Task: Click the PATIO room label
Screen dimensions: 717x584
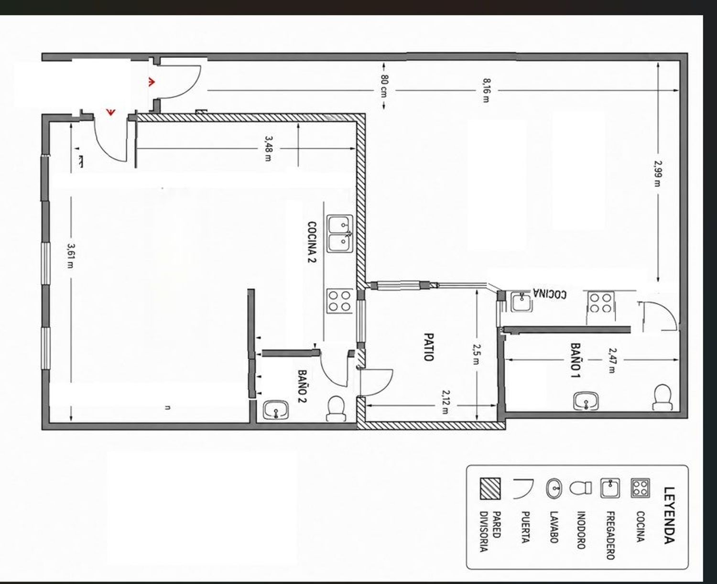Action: click(x=428, y=347)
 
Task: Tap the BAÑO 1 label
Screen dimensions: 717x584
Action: click(x=576, y=360)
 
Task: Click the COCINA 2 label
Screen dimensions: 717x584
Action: click(x=312, y=242)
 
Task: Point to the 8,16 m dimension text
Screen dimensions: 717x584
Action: click(x=487, y=90)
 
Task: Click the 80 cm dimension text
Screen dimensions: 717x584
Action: click(x=384, y=86)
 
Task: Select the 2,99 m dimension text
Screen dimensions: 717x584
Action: click(x=657, y=173)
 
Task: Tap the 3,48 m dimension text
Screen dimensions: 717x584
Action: click(x=268, y=149)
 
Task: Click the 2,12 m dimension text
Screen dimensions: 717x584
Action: click(x=446, y=402)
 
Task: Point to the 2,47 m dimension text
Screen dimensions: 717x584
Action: click(x=612, y=360)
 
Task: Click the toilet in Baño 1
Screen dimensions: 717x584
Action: click(x=662, y=397)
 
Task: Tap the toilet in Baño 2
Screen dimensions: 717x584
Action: click(x=336, y=408)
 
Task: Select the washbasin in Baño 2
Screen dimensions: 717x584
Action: click(x=276, y=410)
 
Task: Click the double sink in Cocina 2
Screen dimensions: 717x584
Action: click(x=340, y=234)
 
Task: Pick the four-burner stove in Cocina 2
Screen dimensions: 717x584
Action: click(x=339, y=301)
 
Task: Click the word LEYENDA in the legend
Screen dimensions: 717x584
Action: click(x=669, y=515)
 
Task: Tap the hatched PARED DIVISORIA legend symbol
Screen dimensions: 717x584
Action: click(x=490, y=488)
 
